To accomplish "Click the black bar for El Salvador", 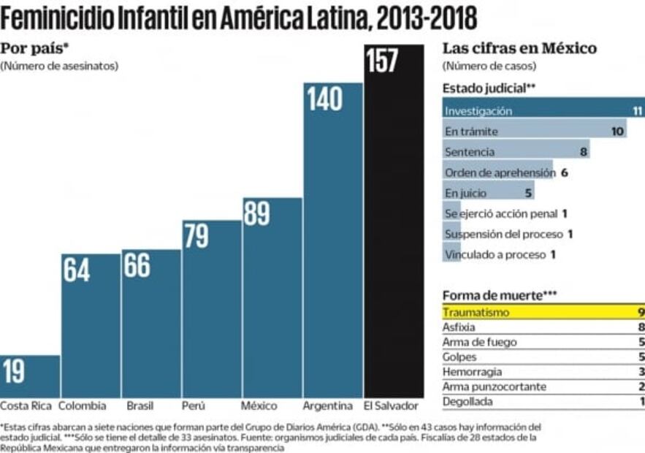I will click(x=394, y=234).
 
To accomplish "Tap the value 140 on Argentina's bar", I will click(x=324, y=99).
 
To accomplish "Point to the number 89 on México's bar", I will click(x=256, y=213).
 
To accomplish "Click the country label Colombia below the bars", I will click(x=83, y=406).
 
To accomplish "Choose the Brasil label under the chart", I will click(x=140, y=406).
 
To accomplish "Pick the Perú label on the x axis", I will click(x=194, y=406).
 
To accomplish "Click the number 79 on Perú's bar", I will click(x=195, y=236).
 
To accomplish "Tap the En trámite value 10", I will click(x=617, y=132).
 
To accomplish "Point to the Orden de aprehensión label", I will click(x=500, y=172).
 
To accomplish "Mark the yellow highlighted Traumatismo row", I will click(x=541, y=312).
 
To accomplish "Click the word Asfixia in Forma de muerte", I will click(x=459, y=327).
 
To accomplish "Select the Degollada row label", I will click(x=467, y=401).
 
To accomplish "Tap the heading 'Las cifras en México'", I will click(x=519, y=48).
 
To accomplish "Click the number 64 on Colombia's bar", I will click(x=76, y=270).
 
